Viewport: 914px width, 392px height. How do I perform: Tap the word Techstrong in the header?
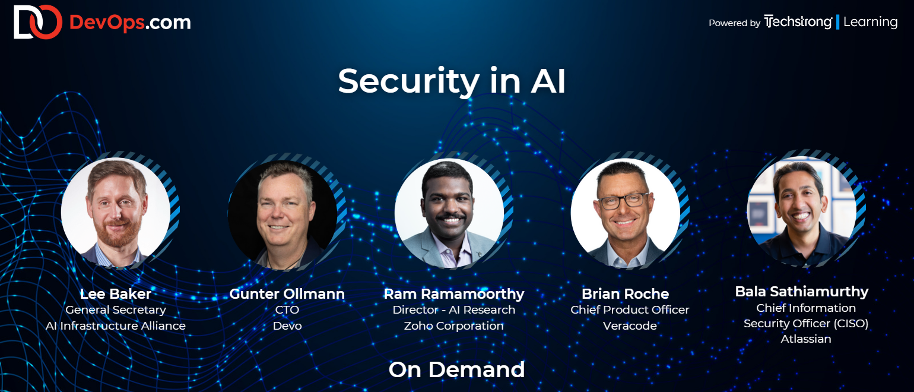[x=798, y=22]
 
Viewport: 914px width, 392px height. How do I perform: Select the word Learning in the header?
[x=870, y=22]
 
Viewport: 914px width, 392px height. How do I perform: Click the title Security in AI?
[x=452, y=81]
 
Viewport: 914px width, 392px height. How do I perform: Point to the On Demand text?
[x=456, y=369]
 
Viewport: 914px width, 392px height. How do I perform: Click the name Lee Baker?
[x=116, y=293]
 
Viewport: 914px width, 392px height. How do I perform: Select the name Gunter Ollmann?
[x=287, y=293]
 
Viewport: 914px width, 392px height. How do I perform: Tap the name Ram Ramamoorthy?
[x=453, y=294]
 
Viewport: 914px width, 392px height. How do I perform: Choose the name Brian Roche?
[x=625, y=293]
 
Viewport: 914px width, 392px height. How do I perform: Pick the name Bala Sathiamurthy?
[x=801, y=292]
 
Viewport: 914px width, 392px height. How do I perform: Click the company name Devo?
[x=287, y=326]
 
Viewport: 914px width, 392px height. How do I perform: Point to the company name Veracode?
[x=630, y=326]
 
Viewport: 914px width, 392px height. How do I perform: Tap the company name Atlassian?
[x=806, y=339]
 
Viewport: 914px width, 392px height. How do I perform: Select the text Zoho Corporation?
[x=453, y=326]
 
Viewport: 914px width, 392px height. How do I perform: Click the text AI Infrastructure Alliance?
[x=116, y=326]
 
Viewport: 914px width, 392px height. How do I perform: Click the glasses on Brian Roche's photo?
[x=623, y=201]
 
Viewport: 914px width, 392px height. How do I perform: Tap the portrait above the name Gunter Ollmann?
[x=283, y=214]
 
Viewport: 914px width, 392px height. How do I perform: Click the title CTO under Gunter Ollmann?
[x=287, y=309]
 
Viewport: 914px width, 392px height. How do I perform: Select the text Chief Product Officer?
[x=630, y=310]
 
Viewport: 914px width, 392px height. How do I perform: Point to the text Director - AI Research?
[x=453, y=310]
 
